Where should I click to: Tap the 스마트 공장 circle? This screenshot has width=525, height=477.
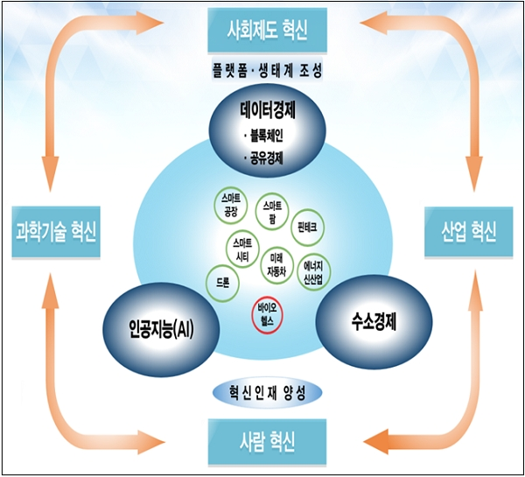(x=232, y=206)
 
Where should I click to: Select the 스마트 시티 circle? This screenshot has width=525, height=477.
(x=243, y=249)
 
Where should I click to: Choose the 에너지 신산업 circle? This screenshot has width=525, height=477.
(x=313, y=266)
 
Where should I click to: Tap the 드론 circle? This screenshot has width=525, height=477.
(x=223, y=282)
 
